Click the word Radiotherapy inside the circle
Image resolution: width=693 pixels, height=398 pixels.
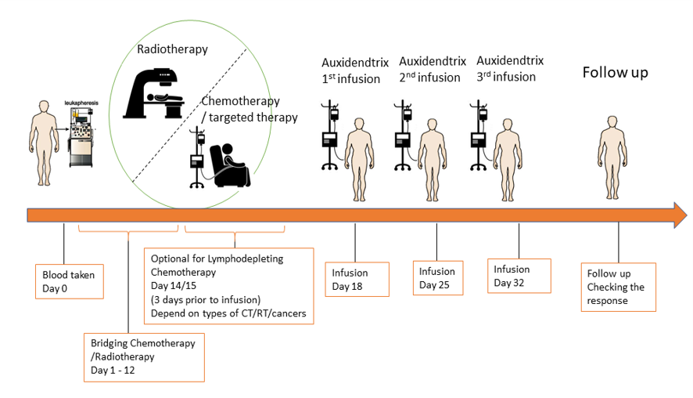172,49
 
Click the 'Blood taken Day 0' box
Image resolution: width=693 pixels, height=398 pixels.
70,281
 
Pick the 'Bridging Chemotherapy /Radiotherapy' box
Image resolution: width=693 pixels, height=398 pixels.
144,356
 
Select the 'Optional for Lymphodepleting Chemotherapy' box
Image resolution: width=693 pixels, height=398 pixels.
229,287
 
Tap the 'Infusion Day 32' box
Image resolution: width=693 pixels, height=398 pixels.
519,276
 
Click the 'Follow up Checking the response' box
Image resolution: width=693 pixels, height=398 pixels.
618,287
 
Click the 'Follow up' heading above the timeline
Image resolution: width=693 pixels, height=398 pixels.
615,73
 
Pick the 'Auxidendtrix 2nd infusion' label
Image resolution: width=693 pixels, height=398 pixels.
432,69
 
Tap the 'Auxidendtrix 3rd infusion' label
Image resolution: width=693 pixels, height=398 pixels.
509,68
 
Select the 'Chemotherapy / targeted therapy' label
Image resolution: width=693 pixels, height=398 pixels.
250,110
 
